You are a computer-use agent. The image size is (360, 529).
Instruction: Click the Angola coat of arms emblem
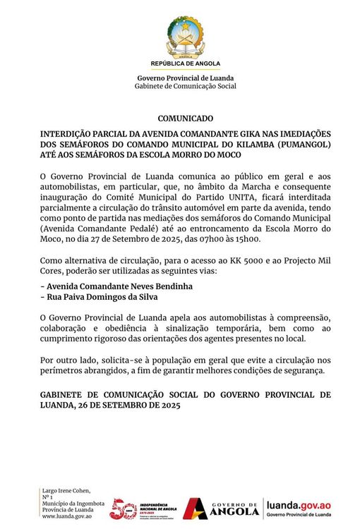[x=186, y=37]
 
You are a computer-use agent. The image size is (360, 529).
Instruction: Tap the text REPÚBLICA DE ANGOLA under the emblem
[x=186, y=63]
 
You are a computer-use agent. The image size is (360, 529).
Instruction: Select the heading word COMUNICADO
[x=185, y=119]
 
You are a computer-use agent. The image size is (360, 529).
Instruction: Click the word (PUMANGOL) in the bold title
[x=299, y=144]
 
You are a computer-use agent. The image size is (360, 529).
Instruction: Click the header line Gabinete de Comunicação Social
[x=186, y=86]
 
